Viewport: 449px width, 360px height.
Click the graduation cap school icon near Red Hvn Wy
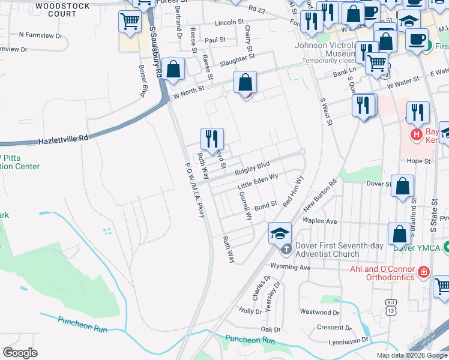(x=279, y=233)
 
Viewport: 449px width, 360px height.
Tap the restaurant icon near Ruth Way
(x=212, y=139)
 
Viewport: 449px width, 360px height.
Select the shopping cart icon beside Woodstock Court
(x=130, y=23)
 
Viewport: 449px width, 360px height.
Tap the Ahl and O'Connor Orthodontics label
(x=383, y=273)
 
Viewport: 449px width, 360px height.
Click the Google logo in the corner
(x=20, y=353)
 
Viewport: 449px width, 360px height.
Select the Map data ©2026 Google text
(x=411, y=355)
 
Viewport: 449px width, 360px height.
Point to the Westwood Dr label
(x=319, y=312)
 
